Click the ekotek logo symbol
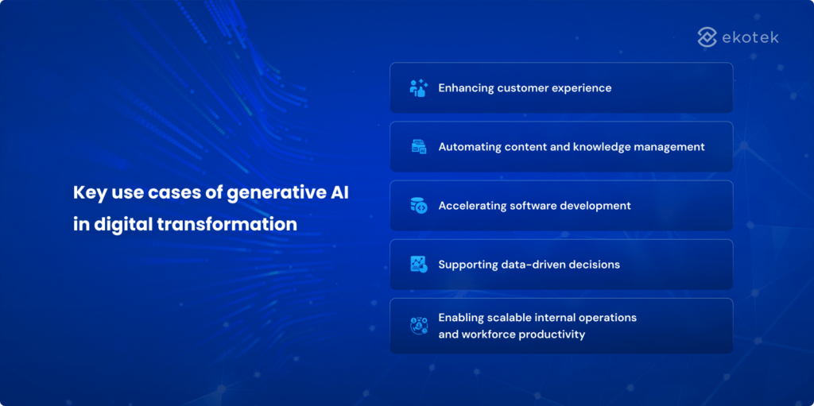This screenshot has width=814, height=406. coord(707,37)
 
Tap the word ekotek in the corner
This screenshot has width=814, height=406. coord(750,37)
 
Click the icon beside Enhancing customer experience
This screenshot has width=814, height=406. coord(418,88)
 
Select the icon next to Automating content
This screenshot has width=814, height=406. coord(418,147)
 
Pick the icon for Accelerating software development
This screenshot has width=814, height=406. coord(418,206)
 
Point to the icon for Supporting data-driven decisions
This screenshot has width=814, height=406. coord(418,265)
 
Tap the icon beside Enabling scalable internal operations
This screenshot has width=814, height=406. coord(418,326)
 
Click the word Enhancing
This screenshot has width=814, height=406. coord(466,88)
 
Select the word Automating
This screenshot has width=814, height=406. coord(470,147)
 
